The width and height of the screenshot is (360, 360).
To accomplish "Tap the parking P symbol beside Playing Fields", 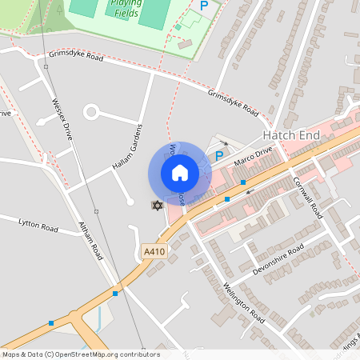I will coord(204,6).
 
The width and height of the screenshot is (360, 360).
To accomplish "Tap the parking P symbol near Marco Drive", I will coord(219,157).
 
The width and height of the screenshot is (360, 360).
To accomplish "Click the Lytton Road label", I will coord(38,227).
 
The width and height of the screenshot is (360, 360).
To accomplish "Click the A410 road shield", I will coord(154,252).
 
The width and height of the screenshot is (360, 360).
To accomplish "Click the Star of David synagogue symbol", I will coord(157,206).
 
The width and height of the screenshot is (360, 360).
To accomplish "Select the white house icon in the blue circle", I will coord(180,172).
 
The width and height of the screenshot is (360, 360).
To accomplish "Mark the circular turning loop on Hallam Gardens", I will coord(90,111).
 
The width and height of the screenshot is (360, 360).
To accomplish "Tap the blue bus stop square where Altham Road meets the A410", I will coord(116,293).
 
